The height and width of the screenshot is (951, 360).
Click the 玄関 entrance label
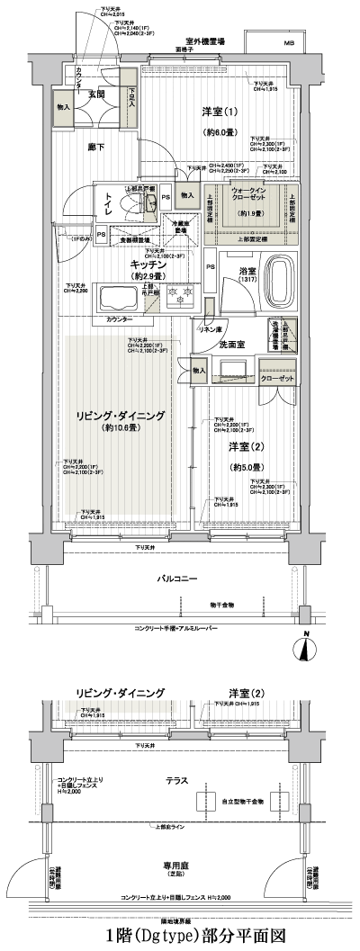point(96,93)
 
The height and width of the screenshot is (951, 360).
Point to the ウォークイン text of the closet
point(247,192)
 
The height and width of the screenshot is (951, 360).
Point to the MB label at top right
point(289,43)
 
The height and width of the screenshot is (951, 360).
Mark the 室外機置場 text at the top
point(205,41)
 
